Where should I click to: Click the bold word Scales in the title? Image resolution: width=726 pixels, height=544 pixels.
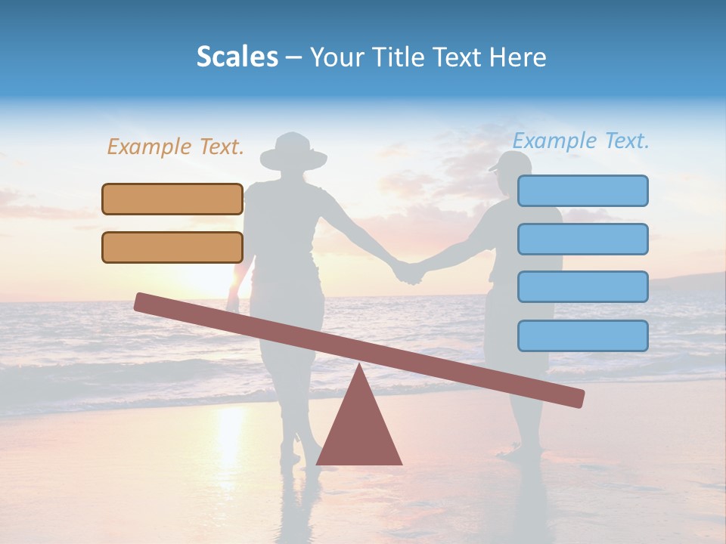(x=237, y=57)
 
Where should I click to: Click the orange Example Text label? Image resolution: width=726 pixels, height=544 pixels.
(x=175, y=147)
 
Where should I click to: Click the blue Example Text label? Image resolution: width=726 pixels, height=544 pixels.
(x=581, y=141)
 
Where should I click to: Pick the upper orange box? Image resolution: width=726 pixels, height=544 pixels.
(x=172, y=199)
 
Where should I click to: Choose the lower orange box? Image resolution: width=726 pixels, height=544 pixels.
(x=172, y=247)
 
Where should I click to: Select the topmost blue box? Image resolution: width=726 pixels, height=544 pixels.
(x=582, y=190)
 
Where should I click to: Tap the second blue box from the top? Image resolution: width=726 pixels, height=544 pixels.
(x=582, y=239)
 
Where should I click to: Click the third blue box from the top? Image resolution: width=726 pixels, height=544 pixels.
(x=582, y=286)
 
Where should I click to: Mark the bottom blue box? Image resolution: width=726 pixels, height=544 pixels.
(x=582, y=335)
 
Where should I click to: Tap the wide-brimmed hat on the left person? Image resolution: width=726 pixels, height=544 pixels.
(x=293, y=152)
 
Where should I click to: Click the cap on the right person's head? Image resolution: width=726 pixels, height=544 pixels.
(x=512, y=161)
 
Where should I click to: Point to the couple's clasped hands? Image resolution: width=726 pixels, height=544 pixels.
(x=408, y=272)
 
